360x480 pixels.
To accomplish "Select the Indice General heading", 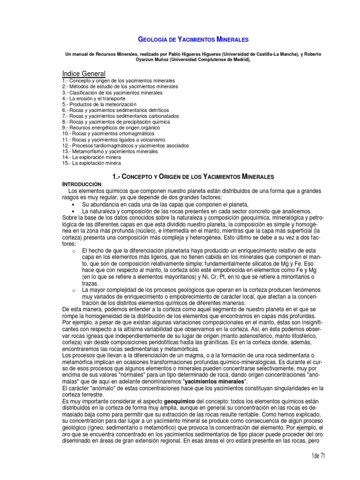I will [x=84, y=74].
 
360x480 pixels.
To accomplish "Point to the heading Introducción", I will [x=82, y=185].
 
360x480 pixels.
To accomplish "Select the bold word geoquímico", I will [x=180, y=402].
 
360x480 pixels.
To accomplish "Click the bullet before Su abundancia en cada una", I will [x=74, y=205].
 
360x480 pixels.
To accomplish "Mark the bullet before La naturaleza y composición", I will [x=74, y=212].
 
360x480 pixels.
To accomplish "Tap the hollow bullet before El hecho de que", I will [x=74, y=251].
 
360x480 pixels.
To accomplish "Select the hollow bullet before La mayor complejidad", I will [x=74, y=291].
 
